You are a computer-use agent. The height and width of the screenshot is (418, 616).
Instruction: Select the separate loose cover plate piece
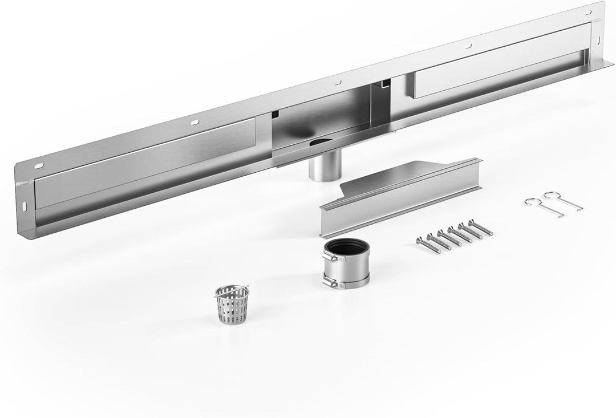point(399,197)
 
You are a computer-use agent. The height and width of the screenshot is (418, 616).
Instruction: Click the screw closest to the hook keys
point(480,228)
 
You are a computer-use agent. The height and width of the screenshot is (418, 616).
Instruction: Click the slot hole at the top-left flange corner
point(39,165)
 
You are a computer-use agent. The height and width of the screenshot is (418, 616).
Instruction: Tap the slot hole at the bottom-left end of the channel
point(26,204)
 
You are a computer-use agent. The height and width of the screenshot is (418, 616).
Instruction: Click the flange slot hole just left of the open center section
point(195,121)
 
